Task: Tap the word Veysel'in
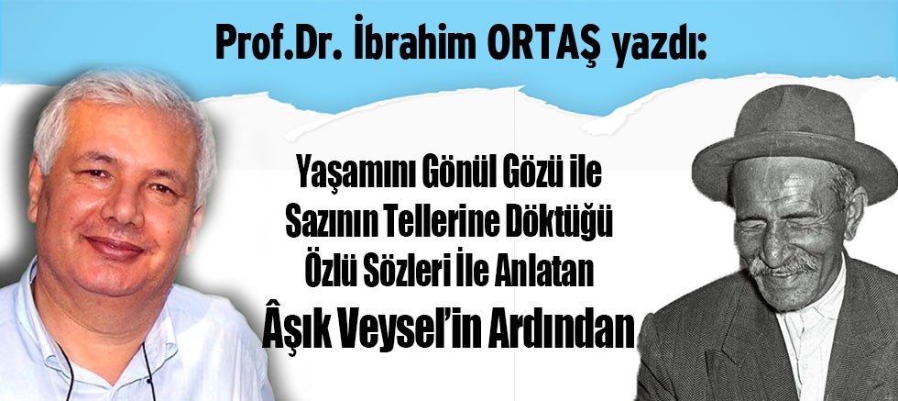coord(422,330)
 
